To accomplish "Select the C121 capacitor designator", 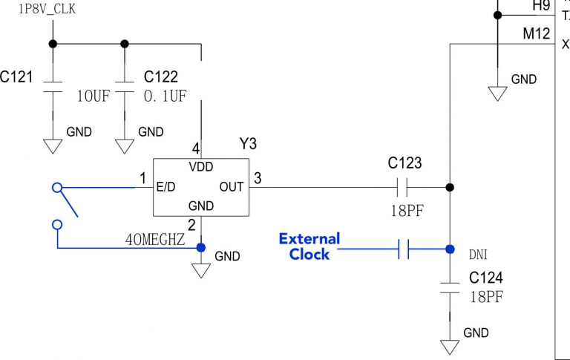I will click(x=16, y=76).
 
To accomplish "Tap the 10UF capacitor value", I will click(x=95, y=96).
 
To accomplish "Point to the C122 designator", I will click(x=160, y=76).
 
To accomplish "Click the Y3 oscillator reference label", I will click(x=247, y=143).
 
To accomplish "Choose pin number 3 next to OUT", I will click(x=257, y=178).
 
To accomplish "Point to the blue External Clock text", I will click(x=309, y=246).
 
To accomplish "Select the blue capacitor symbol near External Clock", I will click(x=404, y=249).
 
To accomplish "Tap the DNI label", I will click(x=479, y=254).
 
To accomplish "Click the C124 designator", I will click(x=486, y=278).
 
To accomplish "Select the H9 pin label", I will click(x=543, y=6).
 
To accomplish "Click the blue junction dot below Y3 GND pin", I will click(x=201, y=248).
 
